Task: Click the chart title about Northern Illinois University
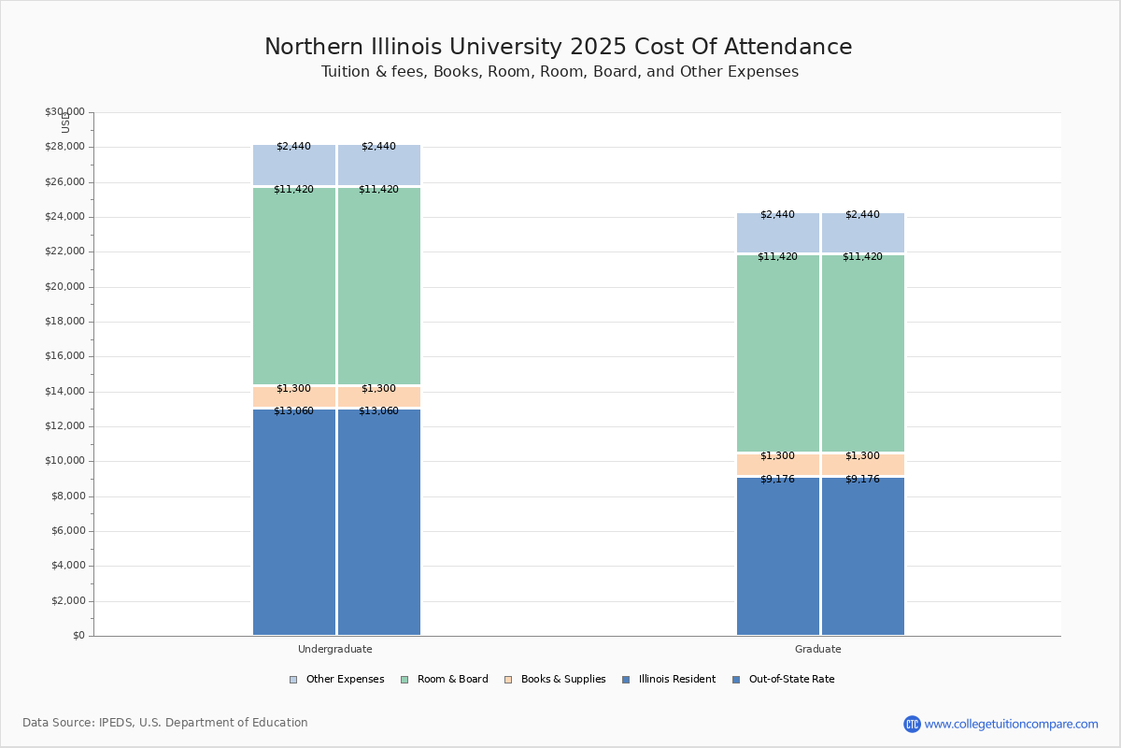click(558, 48)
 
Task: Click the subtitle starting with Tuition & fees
click(560, 72)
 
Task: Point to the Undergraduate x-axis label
click(335, 649)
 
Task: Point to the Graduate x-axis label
click(818, 649)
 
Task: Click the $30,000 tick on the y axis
click(64, 112)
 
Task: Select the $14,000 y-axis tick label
click(64, 392)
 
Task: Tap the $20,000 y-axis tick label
click(64, 287)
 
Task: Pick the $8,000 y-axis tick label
click(67, 496)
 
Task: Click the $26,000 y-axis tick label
click(64, 182)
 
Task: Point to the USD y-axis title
click(65, 122)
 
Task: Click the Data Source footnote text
click(165, 723)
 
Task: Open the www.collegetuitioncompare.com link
click(1011, 724)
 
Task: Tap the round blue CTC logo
click(912, 724)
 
